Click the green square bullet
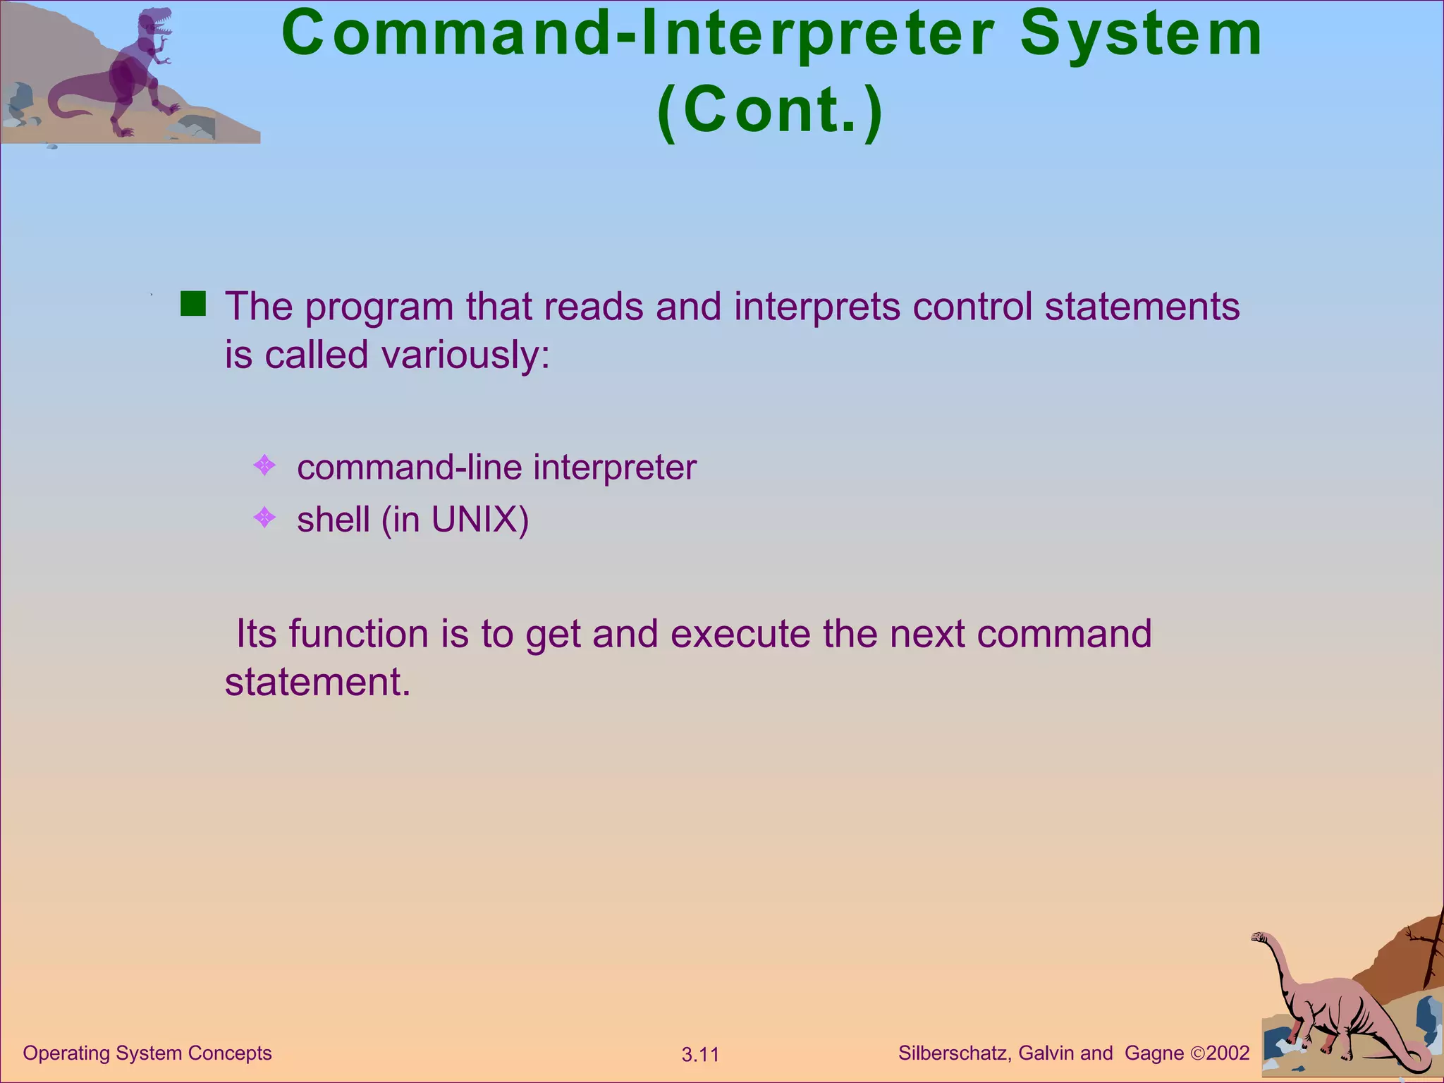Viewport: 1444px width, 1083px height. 192,305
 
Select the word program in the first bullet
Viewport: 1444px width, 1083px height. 379,308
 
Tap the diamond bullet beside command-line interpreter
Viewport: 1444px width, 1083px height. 264,465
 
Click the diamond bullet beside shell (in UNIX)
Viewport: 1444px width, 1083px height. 264,518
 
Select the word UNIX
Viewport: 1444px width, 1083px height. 479,520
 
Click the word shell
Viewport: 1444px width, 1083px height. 333,520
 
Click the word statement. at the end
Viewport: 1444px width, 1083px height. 317,683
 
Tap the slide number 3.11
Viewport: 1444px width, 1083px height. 700,1055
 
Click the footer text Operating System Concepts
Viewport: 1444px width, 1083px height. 147,1053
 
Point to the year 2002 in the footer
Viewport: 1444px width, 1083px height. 1228,1053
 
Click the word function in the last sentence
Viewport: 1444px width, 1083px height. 358,634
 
